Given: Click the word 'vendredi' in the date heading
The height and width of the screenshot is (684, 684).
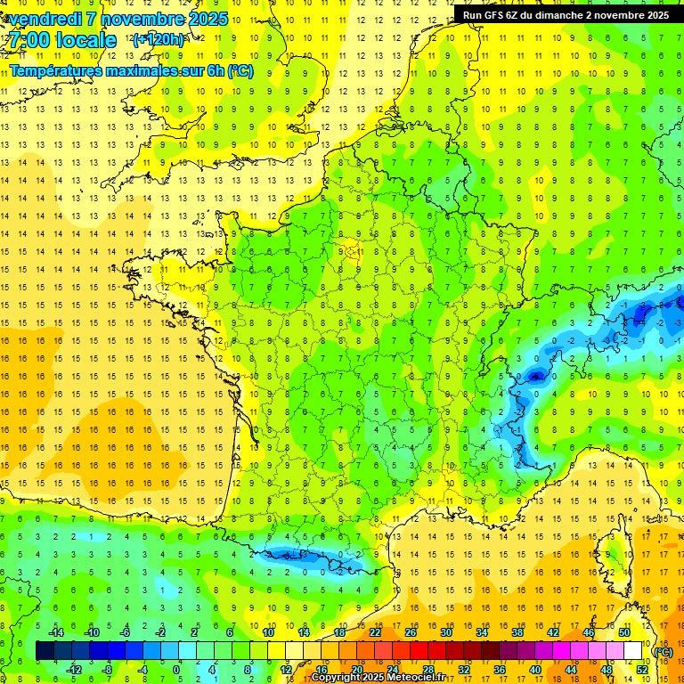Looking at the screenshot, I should [x=43, y=19].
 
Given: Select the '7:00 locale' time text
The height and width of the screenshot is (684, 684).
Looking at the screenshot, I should [x=62, y=40].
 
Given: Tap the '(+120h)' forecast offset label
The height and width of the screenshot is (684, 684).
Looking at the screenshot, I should [x=159, y=40].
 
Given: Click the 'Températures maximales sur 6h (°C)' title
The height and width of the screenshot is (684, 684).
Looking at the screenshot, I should [x=131, y=70].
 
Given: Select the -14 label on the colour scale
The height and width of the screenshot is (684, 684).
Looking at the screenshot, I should [x=55, y=632].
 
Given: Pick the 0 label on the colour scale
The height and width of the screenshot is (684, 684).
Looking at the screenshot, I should [x=176, y=670].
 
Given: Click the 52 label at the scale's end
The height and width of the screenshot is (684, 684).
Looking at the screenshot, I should [x=642, y=670].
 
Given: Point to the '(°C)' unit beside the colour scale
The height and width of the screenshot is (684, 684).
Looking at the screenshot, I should [x=664, y=651].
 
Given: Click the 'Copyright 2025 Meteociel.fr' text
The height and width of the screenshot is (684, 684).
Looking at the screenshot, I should [x=378, y=678].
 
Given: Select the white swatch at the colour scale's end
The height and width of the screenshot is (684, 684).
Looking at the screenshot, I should [x=633, y=651].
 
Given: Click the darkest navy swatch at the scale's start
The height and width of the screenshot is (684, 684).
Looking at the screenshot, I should [x=45, y=651].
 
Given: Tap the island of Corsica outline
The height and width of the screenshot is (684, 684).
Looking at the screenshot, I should [x=607, y=552].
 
